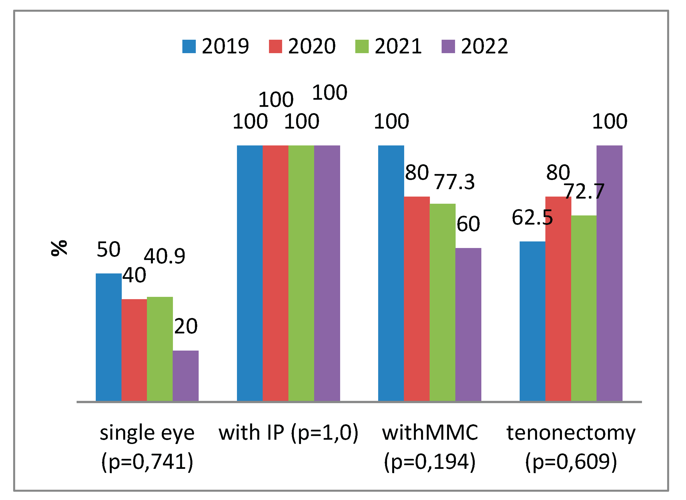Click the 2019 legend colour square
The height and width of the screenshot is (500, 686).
pyautogui.click(x=189, y=47)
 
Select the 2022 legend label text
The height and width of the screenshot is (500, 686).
pyautogui.click(x=484, y=47)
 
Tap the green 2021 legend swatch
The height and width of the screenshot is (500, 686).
pyautogui.click(x=362, y=47)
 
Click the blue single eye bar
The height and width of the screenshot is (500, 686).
pyautogui.click(x=108, y=337)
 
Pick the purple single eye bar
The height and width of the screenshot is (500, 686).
pyautogui.click(x=186, y=376)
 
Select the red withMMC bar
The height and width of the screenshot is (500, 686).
pyautogui.click(x=416, y=299)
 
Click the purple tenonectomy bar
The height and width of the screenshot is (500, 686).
pyautogui.click(x=609, y=274)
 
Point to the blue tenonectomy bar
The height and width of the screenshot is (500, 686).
pyautogui.click(x=532, y=321)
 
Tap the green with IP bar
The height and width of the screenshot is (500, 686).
pyautogui.click(x=301, y=274)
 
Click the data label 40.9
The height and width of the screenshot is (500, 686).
pyautogui.click(x=164, y=256)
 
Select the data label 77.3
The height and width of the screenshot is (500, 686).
pyautogui.click(x=454, y=182)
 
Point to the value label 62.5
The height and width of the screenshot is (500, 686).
pyautogui.click(x=532, y=218)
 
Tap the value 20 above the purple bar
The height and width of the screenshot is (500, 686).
pyautogui.click(x=186, y=327)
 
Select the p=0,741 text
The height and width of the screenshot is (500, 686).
pyautogui.click(x=147, y=462)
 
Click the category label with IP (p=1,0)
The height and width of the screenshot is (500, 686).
pyautogui.click(x=288, y=433)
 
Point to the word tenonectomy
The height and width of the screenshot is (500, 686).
pyautogui.click(x=571, y=433)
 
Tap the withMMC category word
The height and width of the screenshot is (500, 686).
pyautogui.click(x=430, y=433)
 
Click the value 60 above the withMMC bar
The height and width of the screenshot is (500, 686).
pyautogui.click(x=468, y=224)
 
